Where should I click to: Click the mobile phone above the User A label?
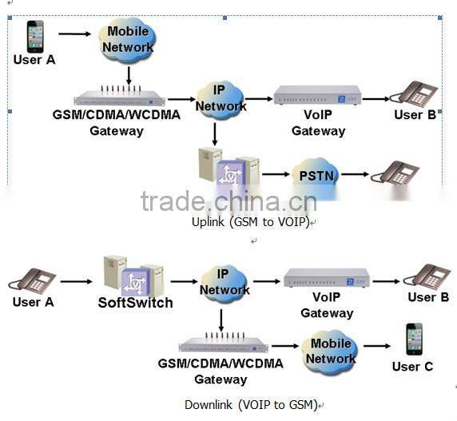tap(35, 36)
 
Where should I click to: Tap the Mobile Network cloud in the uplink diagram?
tap(129, 39)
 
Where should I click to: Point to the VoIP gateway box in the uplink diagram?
tap(316, 97)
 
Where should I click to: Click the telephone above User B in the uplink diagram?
tap(415, 93)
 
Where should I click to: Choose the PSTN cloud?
tap(315, 174)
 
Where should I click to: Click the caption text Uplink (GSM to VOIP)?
tap(249, 221)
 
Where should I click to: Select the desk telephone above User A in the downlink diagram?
tap(32, 280)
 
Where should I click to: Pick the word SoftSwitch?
tap(135, 303)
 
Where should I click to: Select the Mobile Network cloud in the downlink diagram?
tap(330, 351)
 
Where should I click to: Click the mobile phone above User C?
tap(413, 339)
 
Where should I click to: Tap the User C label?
tap(412, 367)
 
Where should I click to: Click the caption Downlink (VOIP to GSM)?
tap(251, 404)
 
